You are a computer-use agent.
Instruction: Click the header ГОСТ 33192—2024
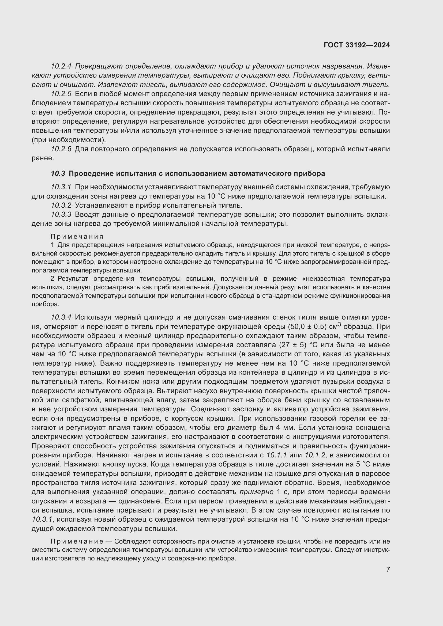click(356, 45)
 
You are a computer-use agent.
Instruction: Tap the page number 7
click(388, 569)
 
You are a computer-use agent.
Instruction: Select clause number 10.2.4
click(61, 66)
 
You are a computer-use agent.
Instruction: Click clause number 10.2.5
click(61, 94)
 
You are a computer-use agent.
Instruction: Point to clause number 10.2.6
click(61, 149)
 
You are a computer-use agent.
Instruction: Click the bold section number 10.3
click(58, 173)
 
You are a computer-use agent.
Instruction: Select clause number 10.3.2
click(61, 205)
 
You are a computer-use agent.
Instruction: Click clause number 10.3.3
click(61, 215)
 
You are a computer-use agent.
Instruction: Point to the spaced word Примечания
click(77, 236)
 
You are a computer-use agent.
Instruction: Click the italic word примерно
click(257, 492)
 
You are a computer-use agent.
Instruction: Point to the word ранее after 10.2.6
click(43, 158)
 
